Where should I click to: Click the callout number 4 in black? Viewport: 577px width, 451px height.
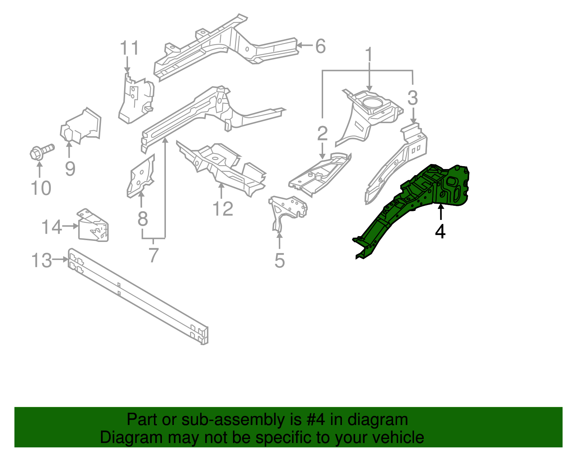pos(440,231)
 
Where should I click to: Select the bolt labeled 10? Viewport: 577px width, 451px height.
pos(41,152)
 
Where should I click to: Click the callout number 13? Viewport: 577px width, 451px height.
pos(41,260)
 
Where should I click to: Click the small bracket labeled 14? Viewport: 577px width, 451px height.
pos(93,226)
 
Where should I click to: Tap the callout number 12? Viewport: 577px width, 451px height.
pos(223,209)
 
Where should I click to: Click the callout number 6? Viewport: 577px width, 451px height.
pos(320,46)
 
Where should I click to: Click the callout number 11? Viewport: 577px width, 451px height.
pos(129,48)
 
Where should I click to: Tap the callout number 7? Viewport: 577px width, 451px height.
pos(154,255)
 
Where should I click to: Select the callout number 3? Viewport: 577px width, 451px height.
pos(413,98)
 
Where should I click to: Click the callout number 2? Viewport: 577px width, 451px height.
pos(322,134)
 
